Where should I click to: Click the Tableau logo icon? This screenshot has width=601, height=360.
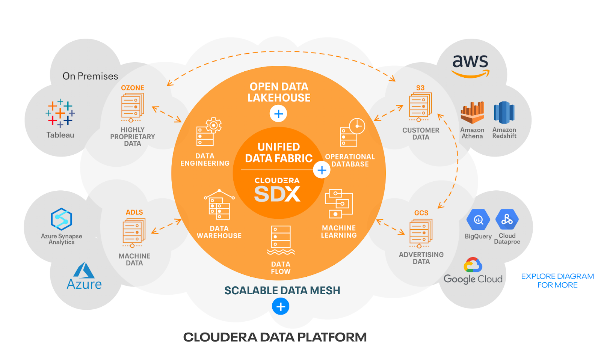point(60,113)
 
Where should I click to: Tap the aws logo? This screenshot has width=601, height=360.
point(470,65)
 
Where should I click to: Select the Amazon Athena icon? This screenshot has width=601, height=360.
point(472,113)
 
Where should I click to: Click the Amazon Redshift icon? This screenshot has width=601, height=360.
point(504,112)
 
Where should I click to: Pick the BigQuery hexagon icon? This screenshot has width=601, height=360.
point(478,220)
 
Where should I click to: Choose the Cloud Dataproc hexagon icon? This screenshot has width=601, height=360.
point(507,219)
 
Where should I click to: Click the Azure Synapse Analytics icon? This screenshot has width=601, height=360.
point(61,219)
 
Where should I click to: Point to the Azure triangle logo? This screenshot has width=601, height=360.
point(84,270)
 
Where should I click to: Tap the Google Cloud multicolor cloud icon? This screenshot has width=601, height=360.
point(473,265)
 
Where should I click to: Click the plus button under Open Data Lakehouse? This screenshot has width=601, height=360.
point(278,113)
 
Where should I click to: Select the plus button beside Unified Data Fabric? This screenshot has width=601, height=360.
point(322,170)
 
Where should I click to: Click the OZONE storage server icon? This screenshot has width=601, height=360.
point(132,107)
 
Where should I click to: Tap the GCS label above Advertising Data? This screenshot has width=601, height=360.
point(421,213)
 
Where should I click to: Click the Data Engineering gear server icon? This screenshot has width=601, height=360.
point(209,132)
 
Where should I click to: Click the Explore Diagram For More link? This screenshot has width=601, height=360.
point(557,280)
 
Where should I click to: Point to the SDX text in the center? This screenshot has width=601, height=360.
point(277,194)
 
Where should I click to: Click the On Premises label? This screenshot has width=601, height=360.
point(90,76)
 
